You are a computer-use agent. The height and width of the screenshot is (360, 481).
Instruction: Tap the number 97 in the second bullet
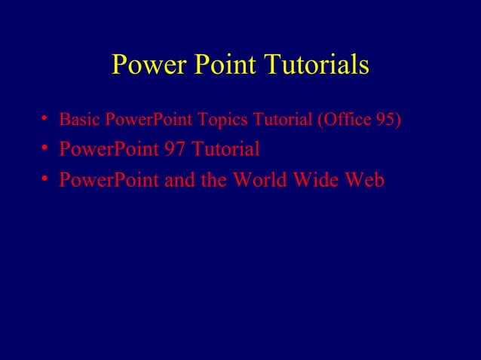174,150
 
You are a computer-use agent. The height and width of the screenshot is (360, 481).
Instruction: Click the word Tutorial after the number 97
225,150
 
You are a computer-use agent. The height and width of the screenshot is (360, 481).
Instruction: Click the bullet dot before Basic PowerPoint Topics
46,118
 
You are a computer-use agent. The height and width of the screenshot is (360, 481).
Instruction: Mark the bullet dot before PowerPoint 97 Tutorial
46,148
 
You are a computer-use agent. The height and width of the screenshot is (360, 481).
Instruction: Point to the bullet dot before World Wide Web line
46,180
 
